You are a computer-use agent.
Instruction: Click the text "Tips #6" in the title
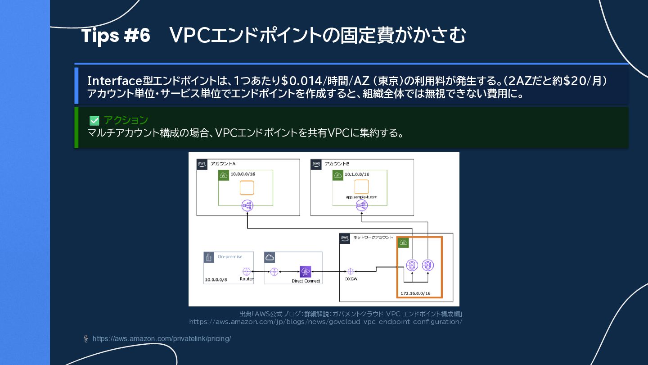[x=116, y=36]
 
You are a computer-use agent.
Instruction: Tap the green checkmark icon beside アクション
[x=94, y=120]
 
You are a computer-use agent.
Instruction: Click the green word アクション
[x=126, y=120]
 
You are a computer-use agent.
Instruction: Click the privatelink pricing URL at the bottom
[x=162, y=338]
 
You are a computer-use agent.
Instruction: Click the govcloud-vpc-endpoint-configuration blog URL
[x=325, y=322]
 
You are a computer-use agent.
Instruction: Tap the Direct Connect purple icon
[x=306, y=272]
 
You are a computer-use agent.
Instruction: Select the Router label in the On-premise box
[x=246, y=279]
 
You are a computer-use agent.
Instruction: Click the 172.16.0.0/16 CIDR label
[x=415, y=293]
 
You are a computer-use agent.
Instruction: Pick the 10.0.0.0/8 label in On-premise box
[x=216, y=279]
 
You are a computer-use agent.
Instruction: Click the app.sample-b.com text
[x=361, y=197]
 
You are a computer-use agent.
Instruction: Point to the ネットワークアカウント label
[x=373, y=237]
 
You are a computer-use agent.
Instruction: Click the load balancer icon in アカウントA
[x=247, y=206]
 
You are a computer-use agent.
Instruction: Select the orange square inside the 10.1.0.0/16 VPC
[x=361, y=187]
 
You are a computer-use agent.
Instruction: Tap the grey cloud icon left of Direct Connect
[x=270, y=257]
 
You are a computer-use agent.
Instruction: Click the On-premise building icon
[x=209, y=257]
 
